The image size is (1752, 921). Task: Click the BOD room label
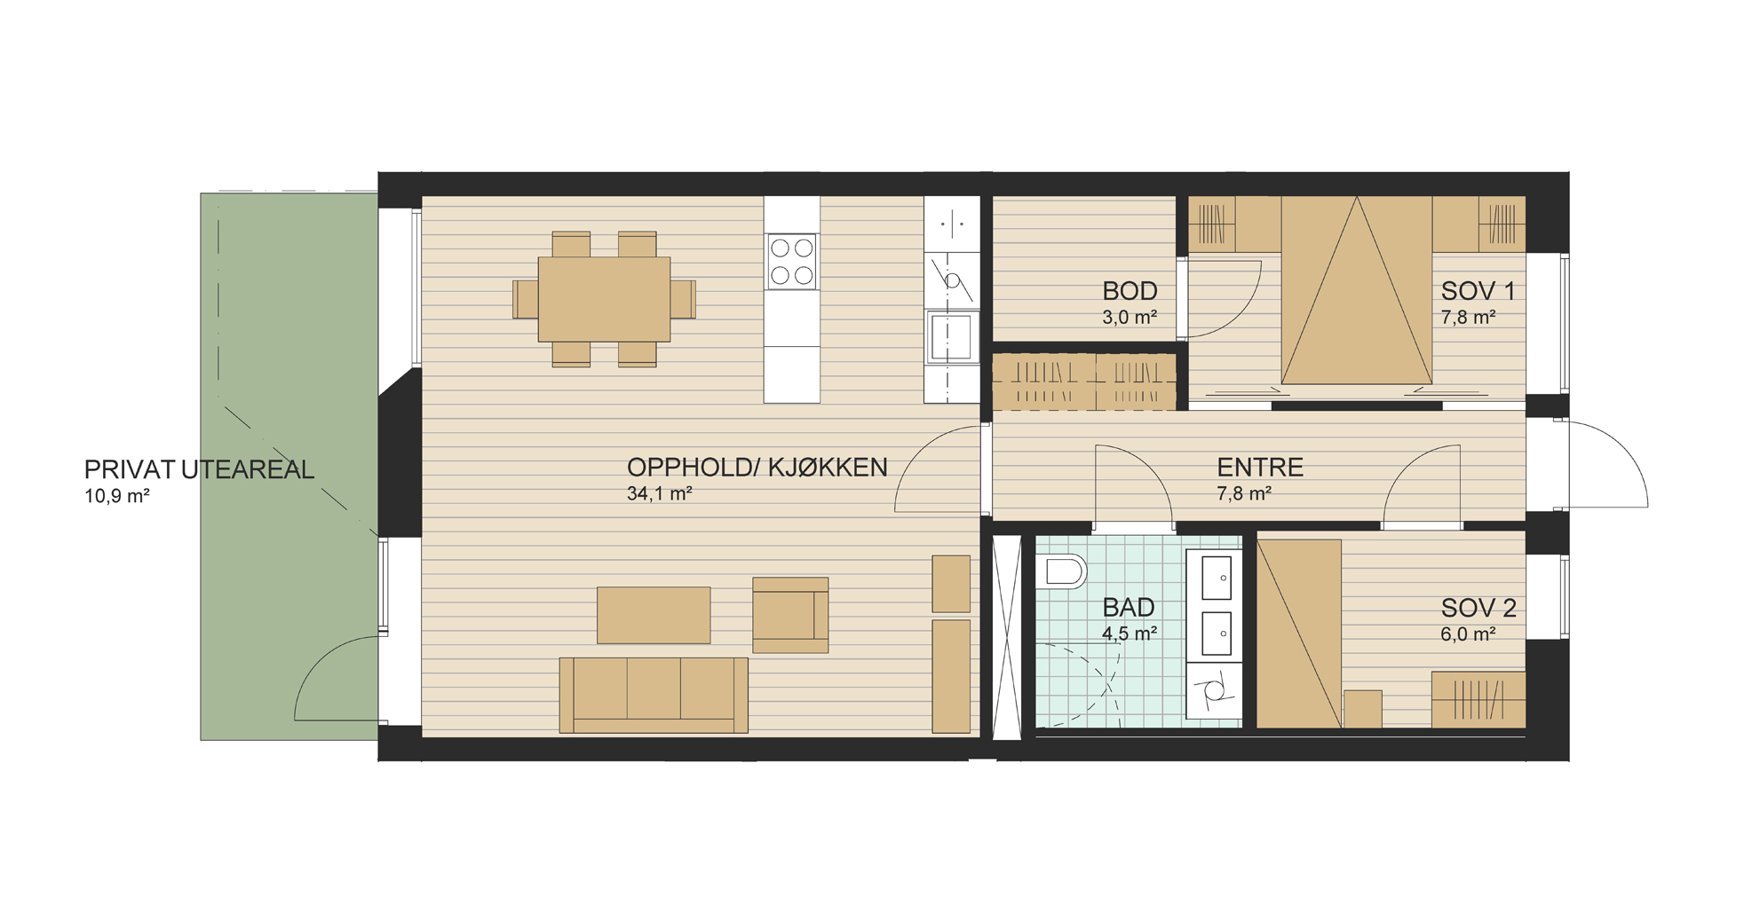click(x=1130, y=291)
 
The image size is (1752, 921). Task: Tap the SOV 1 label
click(x=1478, y=291)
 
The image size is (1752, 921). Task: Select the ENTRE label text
click(x=1260, y=468)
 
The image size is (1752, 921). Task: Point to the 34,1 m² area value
click(x=659, y=494)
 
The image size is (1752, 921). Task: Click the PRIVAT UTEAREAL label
click(x=199, y=469)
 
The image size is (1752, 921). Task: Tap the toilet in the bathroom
click(x=1061, y=571)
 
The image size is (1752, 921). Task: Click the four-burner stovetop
click(x=792, y=262)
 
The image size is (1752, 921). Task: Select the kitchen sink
click(x=951, y=336)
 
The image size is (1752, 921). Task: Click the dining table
click(x=604, y=299)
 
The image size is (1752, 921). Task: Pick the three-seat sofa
click(x=654, y=695)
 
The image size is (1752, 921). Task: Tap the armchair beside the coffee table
click(x=790, y=615)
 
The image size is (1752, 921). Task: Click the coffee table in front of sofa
click(x=654, y=615)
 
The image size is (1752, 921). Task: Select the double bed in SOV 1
click(x=1356, y=290)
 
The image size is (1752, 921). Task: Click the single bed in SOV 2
click(x=1299, y=634)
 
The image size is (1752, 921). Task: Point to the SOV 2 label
click(x=1478, y=608)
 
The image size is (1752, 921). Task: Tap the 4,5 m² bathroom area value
click(x=1130, y=634)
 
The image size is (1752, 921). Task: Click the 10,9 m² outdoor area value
click(x=116, y=496)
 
